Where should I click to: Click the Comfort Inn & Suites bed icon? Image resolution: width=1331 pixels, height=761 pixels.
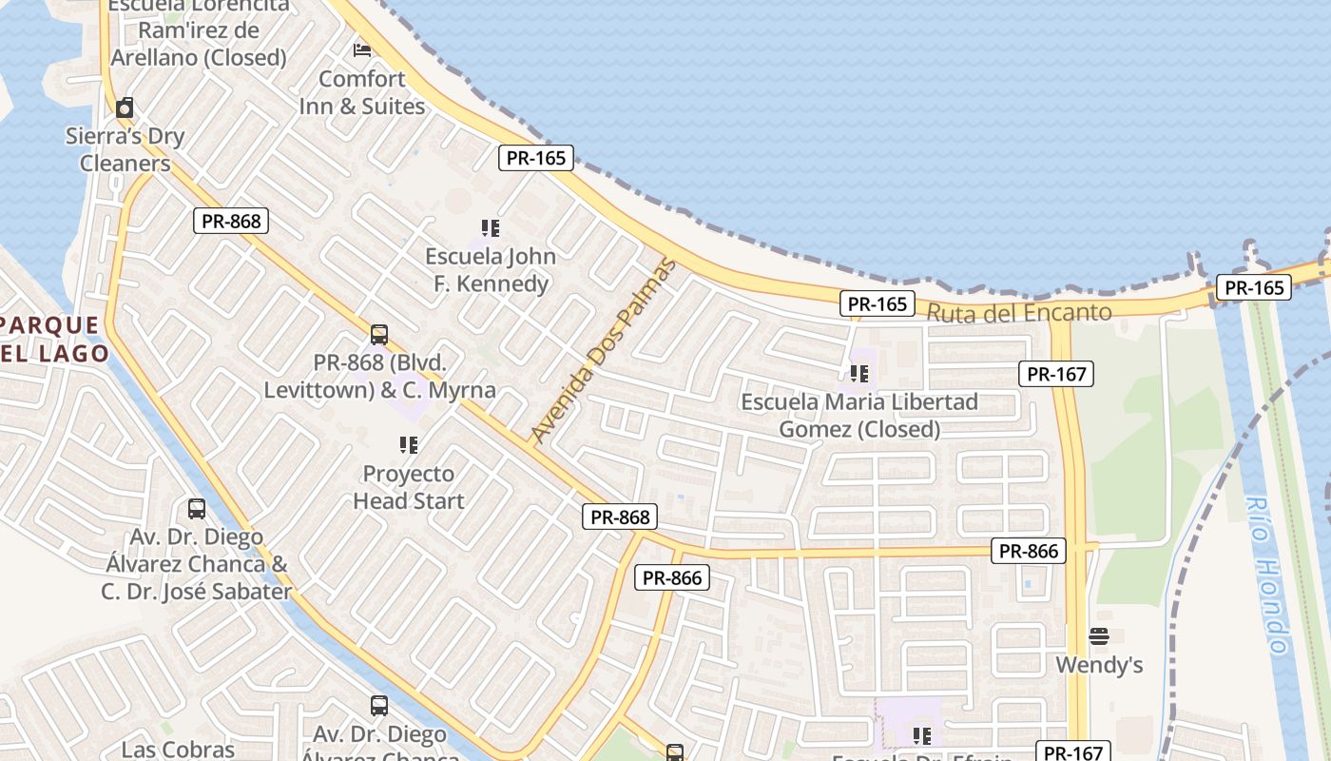tap(361, 49)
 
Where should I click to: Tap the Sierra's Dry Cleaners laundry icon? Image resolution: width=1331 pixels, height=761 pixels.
tap(125, 107)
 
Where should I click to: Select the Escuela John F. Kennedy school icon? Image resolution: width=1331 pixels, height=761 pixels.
tap(491, 228)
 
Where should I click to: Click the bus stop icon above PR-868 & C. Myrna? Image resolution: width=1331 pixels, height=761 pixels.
tap(379, 335)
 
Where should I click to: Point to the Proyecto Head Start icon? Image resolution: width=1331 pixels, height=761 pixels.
tap(409, 444)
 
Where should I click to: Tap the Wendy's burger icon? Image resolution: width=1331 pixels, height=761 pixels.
tap(1099, 635)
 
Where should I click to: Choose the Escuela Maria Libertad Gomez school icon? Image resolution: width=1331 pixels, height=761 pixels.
tap(859, 374)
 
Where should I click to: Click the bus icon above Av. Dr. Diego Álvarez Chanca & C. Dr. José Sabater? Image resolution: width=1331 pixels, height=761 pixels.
tap(197, 508)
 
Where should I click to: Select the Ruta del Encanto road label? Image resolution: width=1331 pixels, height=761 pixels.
tap(1018, 312)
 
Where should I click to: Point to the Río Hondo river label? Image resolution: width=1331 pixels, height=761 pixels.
tap(1266, 576)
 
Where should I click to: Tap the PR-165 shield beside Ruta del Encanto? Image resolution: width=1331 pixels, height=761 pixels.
tap(877, 304)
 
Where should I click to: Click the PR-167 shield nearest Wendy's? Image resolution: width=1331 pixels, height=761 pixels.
tap(1073, 752)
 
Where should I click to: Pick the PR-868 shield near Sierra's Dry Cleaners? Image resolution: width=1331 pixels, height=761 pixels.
tap(231, 221)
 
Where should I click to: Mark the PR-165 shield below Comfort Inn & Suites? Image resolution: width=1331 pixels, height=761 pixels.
tap(536, 158)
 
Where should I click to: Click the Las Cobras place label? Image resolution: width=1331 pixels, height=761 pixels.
tap(178, 750)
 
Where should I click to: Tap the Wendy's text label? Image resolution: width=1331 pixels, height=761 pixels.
tap(1099, 665)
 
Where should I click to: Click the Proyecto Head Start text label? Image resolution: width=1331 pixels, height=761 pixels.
tap(409, 487)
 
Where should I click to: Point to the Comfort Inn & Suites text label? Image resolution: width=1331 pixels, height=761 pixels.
tap(362, 92)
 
